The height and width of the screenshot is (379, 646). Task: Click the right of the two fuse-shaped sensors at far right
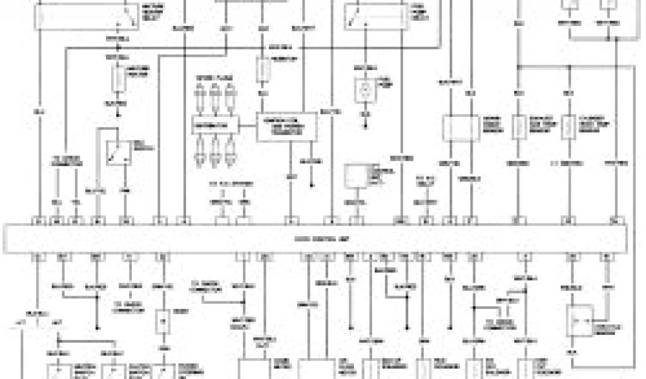tap(569, 126)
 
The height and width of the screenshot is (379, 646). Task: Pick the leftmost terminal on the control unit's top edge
tap(38, 221)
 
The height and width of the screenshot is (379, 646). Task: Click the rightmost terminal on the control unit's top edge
tap(614, 221)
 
